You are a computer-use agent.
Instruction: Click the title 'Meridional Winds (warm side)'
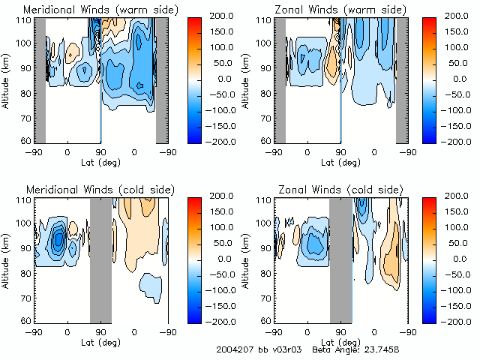tap(90, 9)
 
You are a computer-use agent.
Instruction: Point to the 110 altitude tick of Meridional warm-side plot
tap(25, 19)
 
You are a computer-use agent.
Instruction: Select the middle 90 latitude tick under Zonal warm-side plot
tap(340, 153)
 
